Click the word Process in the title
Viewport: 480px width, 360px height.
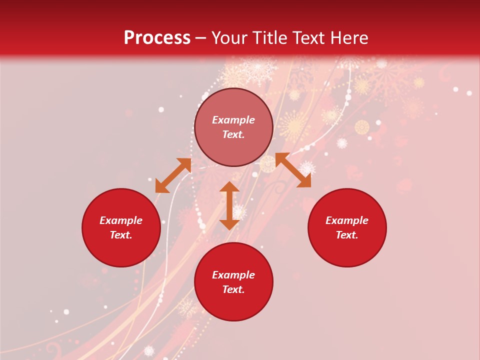(x=157, y=38)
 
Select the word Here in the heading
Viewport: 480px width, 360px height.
(x=348, y=38)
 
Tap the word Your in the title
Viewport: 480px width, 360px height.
(x=230, y=38)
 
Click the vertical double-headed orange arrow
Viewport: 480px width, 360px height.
(x=229, y=205)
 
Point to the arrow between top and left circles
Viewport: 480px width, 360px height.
(x=173, y=175)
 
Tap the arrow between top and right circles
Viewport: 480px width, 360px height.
(x=293, y=170)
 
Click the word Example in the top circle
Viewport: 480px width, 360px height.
(x=233, y=120)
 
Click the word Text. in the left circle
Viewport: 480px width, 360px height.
(x=121, y=235)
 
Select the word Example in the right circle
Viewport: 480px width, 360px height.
(x=347, y=220)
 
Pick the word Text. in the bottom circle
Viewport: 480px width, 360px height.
(x=233, y=289)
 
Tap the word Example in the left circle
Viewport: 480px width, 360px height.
(x=121, y=220)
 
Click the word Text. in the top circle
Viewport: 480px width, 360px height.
(x=233, y=134)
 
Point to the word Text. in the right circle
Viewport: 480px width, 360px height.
(x=347, y=235)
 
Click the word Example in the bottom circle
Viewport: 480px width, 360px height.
(x=233, y=275)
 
